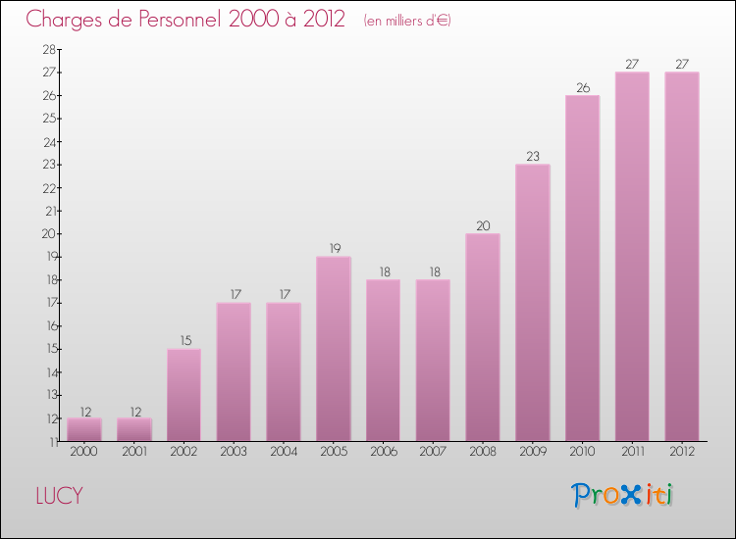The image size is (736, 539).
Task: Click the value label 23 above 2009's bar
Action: click(x=533, y=156)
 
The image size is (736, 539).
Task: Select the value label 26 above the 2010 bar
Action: click(x=582, y=87)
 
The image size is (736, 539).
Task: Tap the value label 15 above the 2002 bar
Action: click(x=184, y=340)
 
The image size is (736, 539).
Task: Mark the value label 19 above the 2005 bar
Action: click(x=334, y=248)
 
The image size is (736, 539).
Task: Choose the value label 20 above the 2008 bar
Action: click(x=483, y=225)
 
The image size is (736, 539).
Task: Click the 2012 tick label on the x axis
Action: click(x=682, y=452)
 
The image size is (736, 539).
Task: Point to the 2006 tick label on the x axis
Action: click(x=384, y=452)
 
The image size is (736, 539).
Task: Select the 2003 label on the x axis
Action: click(x=234, y=452)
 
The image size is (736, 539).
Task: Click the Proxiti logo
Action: click(x=622, y=495)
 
